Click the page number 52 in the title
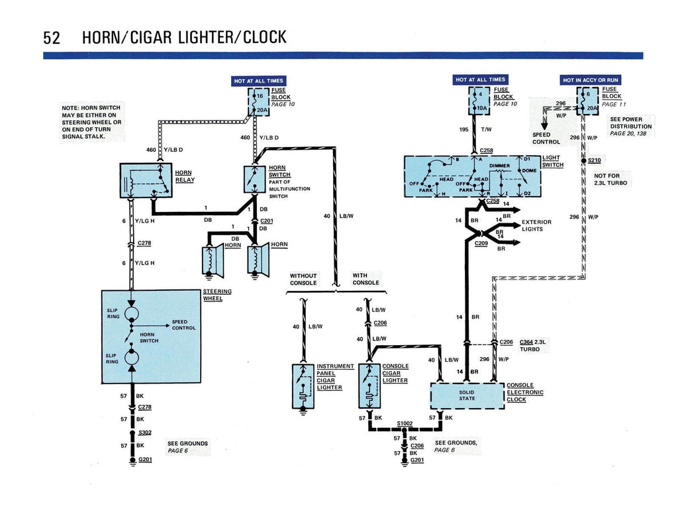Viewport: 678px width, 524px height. (x=52, y=37)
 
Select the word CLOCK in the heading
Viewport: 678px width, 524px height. (x=265, y=37)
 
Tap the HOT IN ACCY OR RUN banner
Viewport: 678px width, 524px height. (x=591, y=80)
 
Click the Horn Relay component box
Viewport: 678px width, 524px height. (x=146, y=180)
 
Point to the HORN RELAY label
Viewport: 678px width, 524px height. (x=185, y=176)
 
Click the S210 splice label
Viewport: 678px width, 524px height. (x=594, y=160)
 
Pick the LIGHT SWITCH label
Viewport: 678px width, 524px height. (x=552, y=161)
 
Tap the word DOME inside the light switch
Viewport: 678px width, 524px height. (x=528, y=171)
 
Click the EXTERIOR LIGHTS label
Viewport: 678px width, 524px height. (x=536, y=225)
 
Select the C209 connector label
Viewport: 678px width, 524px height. (x=481, y=243)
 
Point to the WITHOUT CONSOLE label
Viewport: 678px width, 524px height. (x=303, y=279)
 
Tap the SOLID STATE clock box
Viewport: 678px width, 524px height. (x=467, y=395)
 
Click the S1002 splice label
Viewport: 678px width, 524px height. (x=405, y=423)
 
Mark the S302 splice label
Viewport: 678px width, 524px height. (x=146, y=432)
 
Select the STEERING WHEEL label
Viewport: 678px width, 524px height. (x=217, y=295)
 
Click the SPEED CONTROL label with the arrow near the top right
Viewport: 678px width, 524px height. (x=546, y=138)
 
